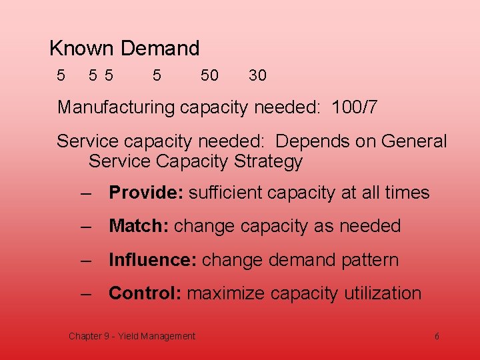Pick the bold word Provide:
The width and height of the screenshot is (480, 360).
(x=146, y=193)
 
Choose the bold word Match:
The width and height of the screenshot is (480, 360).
(x=139, y=227)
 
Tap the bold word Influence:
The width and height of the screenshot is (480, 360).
(x=153, y=260)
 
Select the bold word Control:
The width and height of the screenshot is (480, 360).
(x=145, y=293)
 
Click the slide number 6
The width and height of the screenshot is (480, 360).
(x=437, y=337)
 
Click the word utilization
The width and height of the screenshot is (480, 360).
(x=383, y=293)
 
